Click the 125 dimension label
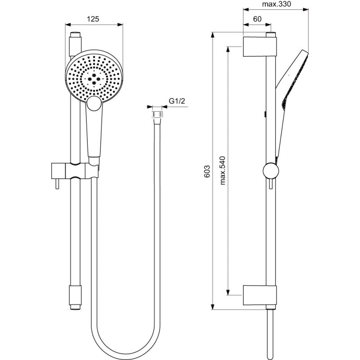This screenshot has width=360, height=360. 93,19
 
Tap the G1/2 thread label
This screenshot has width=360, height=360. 177,101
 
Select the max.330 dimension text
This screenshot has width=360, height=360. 276,4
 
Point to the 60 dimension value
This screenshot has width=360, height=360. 257,19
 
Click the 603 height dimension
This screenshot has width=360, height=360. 207,171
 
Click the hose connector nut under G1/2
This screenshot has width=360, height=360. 157,115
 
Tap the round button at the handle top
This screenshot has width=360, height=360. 94,103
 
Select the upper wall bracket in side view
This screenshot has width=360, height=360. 260,46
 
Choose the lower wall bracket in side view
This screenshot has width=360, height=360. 260,295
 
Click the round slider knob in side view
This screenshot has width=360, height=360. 271,171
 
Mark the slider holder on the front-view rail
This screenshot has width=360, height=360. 75,171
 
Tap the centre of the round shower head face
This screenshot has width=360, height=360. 94,79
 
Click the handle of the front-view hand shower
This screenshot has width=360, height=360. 94,133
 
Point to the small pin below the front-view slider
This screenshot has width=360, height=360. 57,184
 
